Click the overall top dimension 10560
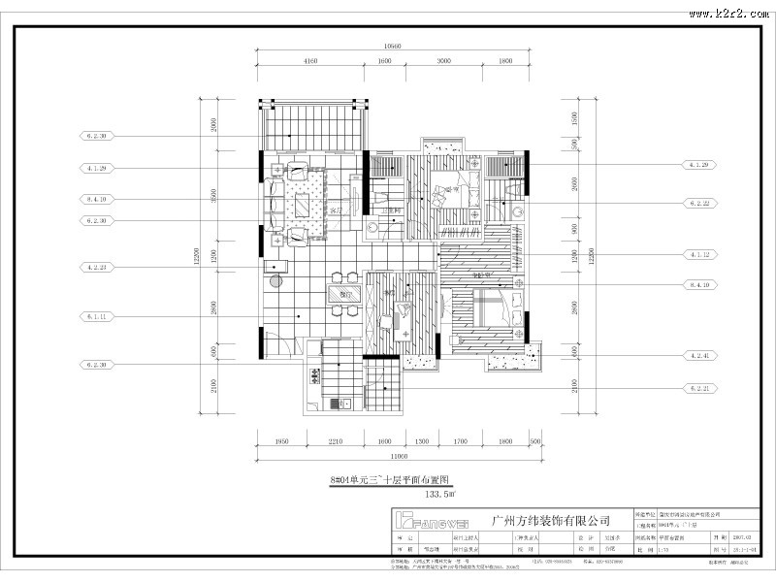(393, 47)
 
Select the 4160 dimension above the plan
(311, 61)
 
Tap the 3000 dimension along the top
(444, 61)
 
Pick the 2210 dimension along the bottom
(335, 442)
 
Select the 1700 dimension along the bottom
(462, 442)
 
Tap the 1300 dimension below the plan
(422, 442)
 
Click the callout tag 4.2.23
(96, 267)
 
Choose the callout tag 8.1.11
(96, 316)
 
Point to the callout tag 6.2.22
(700, 204)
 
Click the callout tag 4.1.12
(700, 254)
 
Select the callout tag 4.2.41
(700, 356)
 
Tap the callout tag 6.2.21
(700, 388)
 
